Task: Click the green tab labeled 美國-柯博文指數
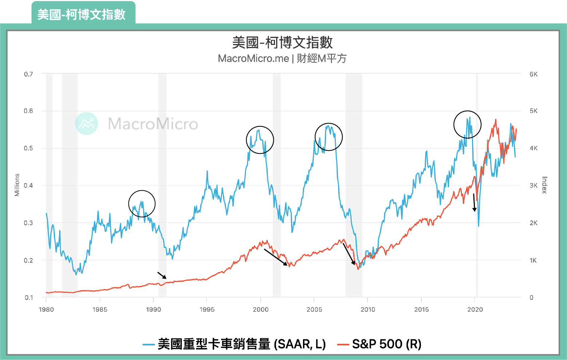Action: [82, 14]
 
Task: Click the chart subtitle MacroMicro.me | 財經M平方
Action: [282, 58]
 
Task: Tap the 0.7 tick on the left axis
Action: [28, 74]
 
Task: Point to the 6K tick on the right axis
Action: [533, 74]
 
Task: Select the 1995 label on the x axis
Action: [207, 309]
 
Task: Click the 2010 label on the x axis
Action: [368, 309]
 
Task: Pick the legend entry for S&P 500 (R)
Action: [379, 344]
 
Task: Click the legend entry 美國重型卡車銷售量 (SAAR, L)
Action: [235, 344]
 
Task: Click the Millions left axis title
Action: [17, 185]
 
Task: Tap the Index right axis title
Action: [544, 185]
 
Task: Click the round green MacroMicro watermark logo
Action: [87, 124]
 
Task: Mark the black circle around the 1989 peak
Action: [142, 204]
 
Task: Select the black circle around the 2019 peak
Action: [467, 125]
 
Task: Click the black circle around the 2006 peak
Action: [328, 137]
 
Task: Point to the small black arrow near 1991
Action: [162, 275]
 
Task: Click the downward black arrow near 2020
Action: [474, 203]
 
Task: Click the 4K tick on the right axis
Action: [533, 148]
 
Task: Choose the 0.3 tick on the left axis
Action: [28, 223]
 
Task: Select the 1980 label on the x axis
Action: [46, 309]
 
